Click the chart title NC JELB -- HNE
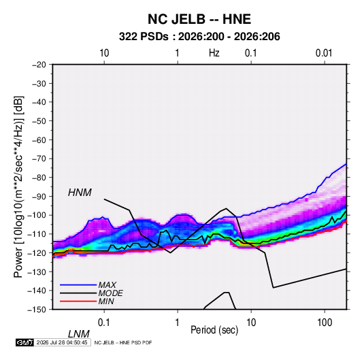199,19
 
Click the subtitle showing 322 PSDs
199,37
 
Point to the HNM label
80,193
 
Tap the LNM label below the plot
78,334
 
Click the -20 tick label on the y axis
39,65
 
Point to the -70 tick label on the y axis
39,159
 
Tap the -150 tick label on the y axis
37,310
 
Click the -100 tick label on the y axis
37,215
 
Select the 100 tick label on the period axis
325,323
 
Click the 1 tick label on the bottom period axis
178,323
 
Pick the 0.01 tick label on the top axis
324,53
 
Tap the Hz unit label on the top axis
214,53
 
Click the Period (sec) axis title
214,330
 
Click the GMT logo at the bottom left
24,342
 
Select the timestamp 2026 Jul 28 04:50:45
62,342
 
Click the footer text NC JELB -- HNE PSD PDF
123,342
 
